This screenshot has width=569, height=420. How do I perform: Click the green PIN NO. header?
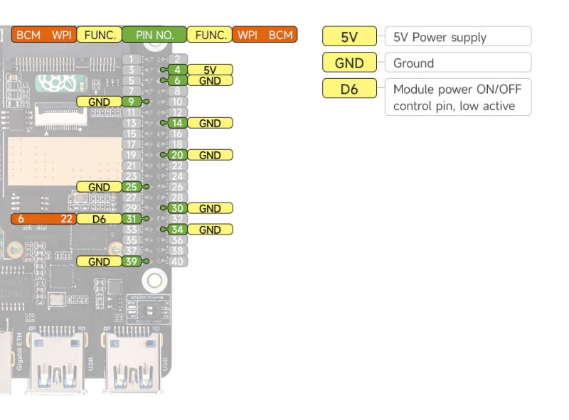coord(154,34)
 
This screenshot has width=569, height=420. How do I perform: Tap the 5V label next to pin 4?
coord(210,70)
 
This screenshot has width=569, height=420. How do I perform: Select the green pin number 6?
coord(178,80)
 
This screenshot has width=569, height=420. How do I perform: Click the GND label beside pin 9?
coord(99,102)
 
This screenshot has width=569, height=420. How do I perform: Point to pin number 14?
coord(178,123)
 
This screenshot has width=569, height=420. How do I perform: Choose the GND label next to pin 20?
coord(210,155)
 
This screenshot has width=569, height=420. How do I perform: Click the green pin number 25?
coord(131,187)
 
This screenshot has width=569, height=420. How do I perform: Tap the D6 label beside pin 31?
coord(99,219)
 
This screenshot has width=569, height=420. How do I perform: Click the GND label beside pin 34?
coord(210,230)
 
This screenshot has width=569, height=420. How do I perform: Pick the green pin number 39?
coord(131,262)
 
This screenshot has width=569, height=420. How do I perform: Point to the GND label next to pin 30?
coord(210,208)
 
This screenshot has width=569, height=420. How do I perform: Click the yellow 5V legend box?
coord(349,36)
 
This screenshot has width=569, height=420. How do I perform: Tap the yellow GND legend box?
coord(349,63)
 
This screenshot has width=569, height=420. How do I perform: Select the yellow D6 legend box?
coord(349,90)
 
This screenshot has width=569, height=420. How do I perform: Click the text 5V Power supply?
coord(440,37)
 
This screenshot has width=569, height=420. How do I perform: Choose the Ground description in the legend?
coord(413,63)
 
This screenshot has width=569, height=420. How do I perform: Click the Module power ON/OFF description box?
coord(457,98)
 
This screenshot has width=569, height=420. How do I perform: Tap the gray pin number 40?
coord(178,262)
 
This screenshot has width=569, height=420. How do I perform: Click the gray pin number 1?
coord(131,59)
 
